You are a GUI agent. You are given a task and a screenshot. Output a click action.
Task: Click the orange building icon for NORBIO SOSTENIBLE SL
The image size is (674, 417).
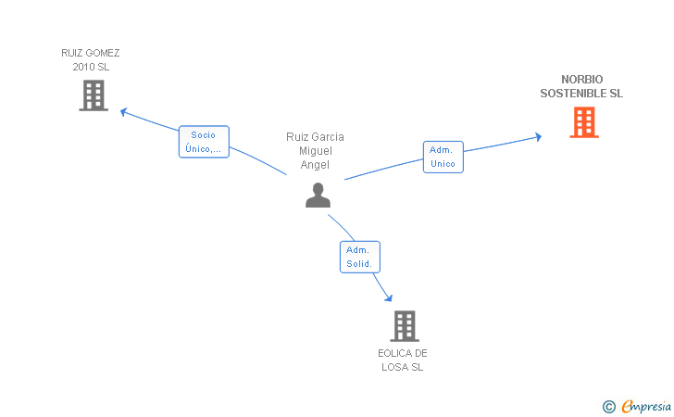(584, 122)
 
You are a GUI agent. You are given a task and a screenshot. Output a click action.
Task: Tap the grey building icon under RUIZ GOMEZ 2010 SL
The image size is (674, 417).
(94, 95)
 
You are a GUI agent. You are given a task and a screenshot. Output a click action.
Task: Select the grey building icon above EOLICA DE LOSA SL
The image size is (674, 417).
(405, 326)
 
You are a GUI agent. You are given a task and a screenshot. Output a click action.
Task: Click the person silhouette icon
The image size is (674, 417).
(318, 195)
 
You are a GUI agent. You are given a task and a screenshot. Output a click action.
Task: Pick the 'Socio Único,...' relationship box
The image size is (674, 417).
(204, 142)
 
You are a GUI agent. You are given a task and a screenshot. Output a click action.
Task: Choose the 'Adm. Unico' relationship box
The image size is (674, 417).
(443, 158)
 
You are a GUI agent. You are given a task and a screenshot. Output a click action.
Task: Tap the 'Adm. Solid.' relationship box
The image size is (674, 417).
(360, 257)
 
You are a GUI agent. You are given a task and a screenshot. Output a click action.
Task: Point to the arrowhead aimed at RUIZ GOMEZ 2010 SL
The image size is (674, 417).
(123, 112)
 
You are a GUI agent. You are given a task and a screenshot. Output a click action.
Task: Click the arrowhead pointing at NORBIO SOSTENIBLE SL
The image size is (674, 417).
(538, 137)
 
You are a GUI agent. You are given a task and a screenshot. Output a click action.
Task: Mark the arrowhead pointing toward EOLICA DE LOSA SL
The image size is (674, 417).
(389, 297)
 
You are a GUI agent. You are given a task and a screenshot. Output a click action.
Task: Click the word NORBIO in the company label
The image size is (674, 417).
(582, 79)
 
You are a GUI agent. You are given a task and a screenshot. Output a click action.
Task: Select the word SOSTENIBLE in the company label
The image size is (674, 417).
(572, 94)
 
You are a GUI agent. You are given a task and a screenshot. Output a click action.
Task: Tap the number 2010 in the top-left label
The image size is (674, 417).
(83, 67)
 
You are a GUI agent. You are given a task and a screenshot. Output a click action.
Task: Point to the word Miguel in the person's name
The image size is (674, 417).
(316, 151)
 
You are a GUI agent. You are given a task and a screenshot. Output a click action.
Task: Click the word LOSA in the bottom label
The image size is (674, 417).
(395, 367)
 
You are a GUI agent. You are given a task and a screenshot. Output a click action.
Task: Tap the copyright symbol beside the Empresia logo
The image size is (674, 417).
(608, 407)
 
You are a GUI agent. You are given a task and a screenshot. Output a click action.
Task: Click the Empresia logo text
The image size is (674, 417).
(646, 406)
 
